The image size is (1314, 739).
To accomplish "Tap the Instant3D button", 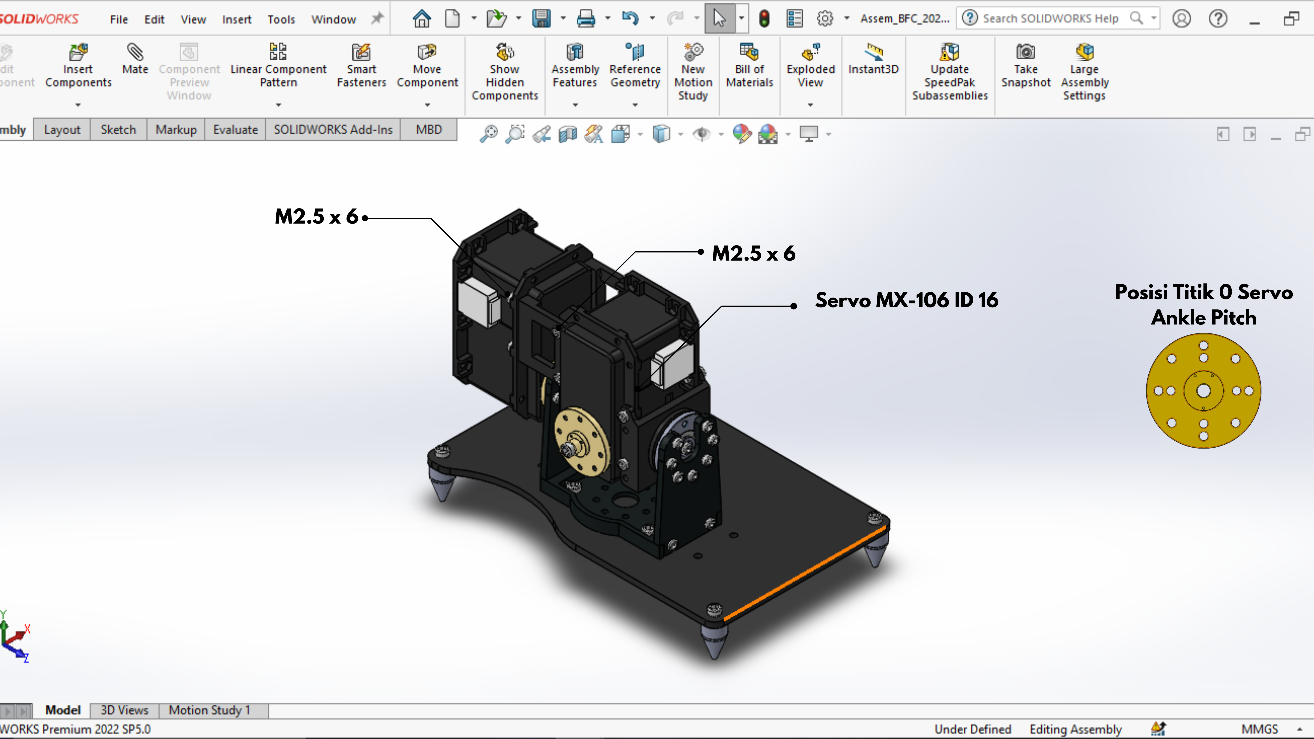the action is pyautogui.click(x=873, y=59).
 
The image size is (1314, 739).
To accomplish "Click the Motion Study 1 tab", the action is pyautogui.click(x=210, y=710).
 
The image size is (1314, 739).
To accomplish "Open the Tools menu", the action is pyautogui.click(x=281, y=19).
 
